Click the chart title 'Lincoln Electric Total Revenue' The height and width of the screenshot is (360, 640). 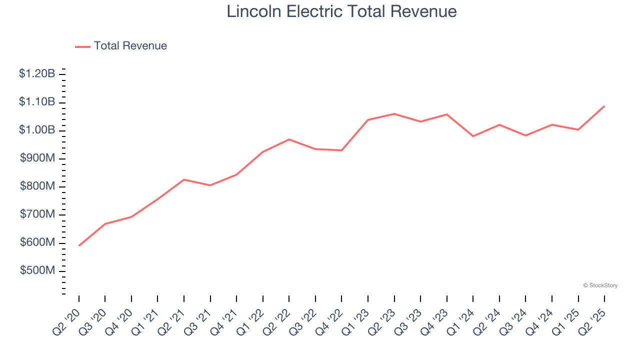coord(341,11)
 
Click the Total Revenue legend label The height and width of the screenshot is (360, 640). coord(130,46)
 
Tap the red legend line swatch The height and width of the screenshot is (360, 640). coord(82,46)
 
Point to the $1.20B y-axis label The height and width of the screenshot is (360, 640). coord(37,74)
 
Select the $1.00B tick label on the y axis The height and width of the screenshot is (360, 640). coord(37,130)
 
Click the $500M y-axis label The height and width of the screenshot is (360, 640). coord(37,270)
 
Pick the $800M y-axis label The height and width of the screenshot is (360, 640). coord(37,186)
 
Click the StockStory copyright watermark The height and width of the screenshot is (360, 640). coord(600,285)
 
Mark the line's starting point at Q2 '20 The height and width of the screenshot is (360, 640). coord(79,245)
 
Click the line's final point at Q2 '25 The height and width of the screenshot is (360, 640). coord(604,106)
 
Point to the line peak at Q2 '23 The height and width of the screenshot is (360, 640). coord(394,114)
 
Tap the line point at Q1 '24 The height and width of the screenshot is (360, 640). coord(473,136)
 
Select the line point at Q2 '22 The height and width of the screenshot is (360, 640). coord(289,139)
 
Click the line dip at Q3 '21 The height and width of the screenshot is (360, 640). coord(210,185)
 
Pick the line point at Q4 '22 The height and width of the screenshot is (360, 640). coord(341,150)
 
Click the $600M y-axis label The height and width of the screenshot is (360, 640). coord(37,242)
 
